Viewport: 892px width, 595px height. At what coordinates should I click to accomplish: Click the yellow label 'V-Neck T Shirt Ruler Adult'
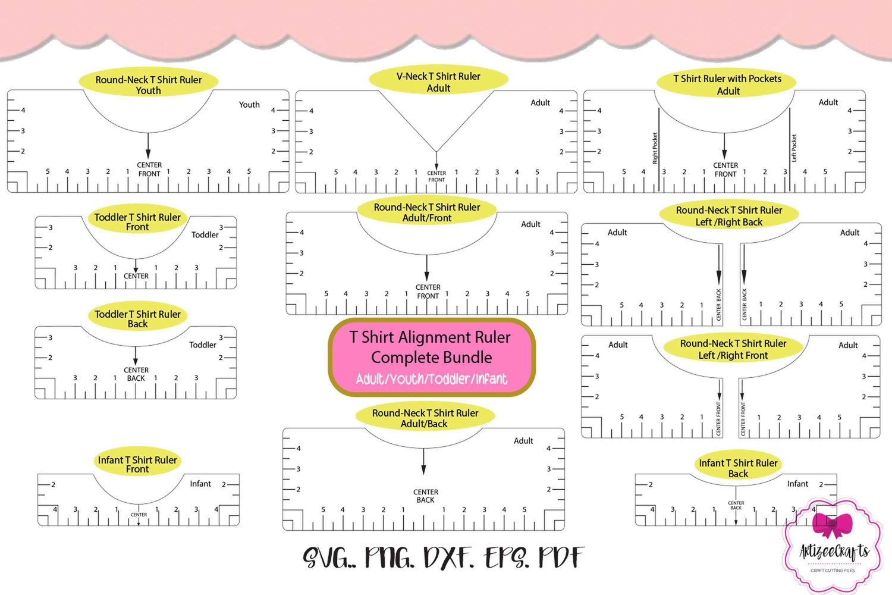click(438, 82)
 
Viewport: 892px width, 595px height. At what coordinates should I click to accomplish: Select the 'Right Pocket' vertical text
click(655, 148)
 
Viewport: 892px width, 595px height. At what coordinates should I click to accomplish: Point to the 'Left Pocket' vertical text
click(794, 148)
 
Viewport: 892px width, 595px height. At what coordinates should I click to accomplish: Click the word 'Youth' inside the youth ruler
click(249, 105)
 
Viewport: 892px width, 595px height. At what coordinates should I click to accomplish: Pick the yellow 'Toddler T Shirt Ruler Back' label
click(137, 318)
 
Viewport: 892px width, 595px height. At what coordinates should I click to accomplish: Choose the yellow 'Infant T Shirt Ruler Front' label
click(137, 464)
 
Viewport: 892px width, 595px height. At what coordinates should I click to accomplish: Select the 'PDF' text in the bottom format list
click(561, 558)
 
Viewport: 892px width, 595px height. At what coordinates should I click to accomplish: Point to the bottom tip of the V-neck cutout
click(436, 152)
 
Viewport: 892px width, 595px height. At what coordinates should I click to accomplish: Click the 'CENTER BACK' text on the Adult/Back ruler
click(426, 496)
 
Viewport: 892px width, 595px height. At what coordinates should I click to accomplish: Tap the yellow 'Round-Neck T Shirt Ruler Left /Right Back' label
click(728, 216)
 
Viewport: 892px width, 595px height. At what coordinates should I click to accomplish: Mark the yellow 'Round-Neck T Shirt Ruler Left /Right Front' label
click(733, 349)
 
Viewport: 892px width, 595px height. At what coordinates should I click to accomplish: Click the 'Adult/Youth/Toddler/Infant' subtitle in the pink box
click(432, 379)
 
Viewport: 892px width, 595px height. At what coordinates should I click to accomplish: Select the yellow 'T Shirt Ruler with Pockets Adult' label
click(727, 84)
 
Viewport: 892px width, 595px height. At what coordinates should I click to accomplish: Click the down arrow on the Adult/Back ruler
click(423, 462)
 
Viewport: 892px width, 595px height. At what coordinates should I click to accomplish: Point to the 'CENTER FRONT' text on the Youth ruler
click(149, 170)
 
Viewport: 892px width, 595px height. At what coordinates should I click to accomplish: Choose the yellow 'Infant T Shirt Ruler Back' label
click(738, 468)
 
